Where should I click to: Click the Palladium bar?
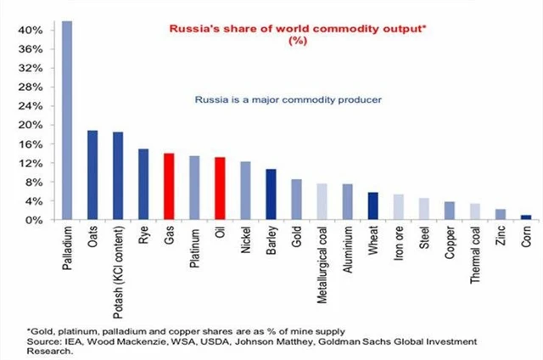pos(67,120)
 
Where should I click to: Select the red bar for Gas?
pos(169,186)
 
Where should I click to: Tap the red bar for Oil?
pos(220,188)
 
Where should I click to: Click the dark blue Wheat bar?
pos(372,205)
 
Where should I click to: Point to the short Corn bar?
pos(525,217)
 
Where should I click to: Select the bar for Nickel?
pos(245,190)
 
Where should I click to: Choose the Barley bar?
pos(271,194)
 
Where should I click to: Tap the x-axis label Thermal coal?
pos(474,252)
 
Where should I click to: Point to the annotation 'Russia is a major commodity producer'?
pos(288,100)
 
